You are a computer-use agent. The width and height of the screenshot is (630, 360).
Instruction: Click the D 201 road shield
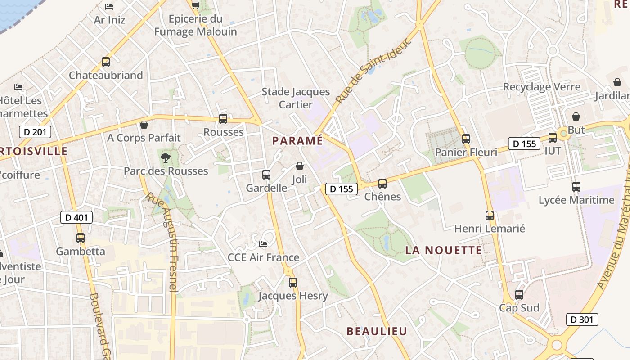[x=35, y=132]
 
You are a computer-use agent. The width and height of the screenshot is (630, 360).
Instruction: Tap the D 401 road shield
[x=76, y=218]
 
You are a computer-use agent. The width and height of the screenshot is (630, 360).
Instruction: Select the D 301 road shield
[x=582, y=319]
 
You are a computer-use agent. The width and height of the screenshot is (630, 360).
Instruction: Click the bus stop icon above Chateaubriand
[x=106, y=62]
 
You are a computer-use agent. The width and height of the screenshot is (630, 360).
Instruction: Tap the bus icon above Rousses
[x=223, y=119]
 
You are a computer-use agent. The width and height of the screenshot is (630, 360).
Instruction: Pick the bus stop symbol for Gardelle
[x=266, y=175]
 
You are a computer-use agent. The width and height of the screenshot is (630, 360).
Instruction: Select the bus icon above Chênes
[x=382, y=184]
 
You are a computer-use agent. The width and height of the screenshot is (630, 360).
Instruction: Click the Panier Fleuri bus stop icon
[x=466, y=139]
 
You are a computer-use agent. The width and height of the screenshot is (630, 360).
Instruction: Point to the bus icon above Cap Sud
[x=519, y=295]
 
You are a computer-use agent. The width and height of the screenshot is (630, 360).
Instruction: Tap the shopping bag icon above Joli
[x=300, y=166]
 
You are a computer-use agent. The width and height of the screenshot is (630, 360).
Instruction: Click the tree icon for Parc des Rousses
[x=166, y=157]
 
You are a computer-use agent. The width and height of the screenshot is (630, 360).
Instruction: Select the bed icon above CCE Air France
[x=264, y=244]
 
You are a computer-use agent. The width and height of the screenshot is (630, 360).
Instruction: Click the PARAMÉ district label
[x=297, y=141]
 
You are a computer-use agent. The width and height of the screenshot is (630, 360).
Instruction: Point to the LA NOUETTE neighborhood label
[x=444, y=250]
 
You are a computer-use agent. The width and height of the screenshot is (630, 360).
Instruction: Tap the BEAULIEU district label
[x=377, y=331]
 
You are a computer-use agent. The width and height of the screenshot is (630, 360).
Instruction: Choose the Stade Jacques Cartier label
[x=296, y=98]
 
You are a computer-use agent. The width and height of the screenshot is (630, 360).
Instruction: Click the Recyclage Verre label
[x=542, y=87]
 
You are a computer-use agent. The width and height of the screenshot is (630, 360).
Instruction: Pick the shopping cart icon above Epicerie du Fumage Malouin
[x=196, y=5]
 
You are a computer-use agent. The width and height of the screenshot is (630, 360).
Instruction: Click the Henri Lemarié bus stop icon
[x=490, y=216]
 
